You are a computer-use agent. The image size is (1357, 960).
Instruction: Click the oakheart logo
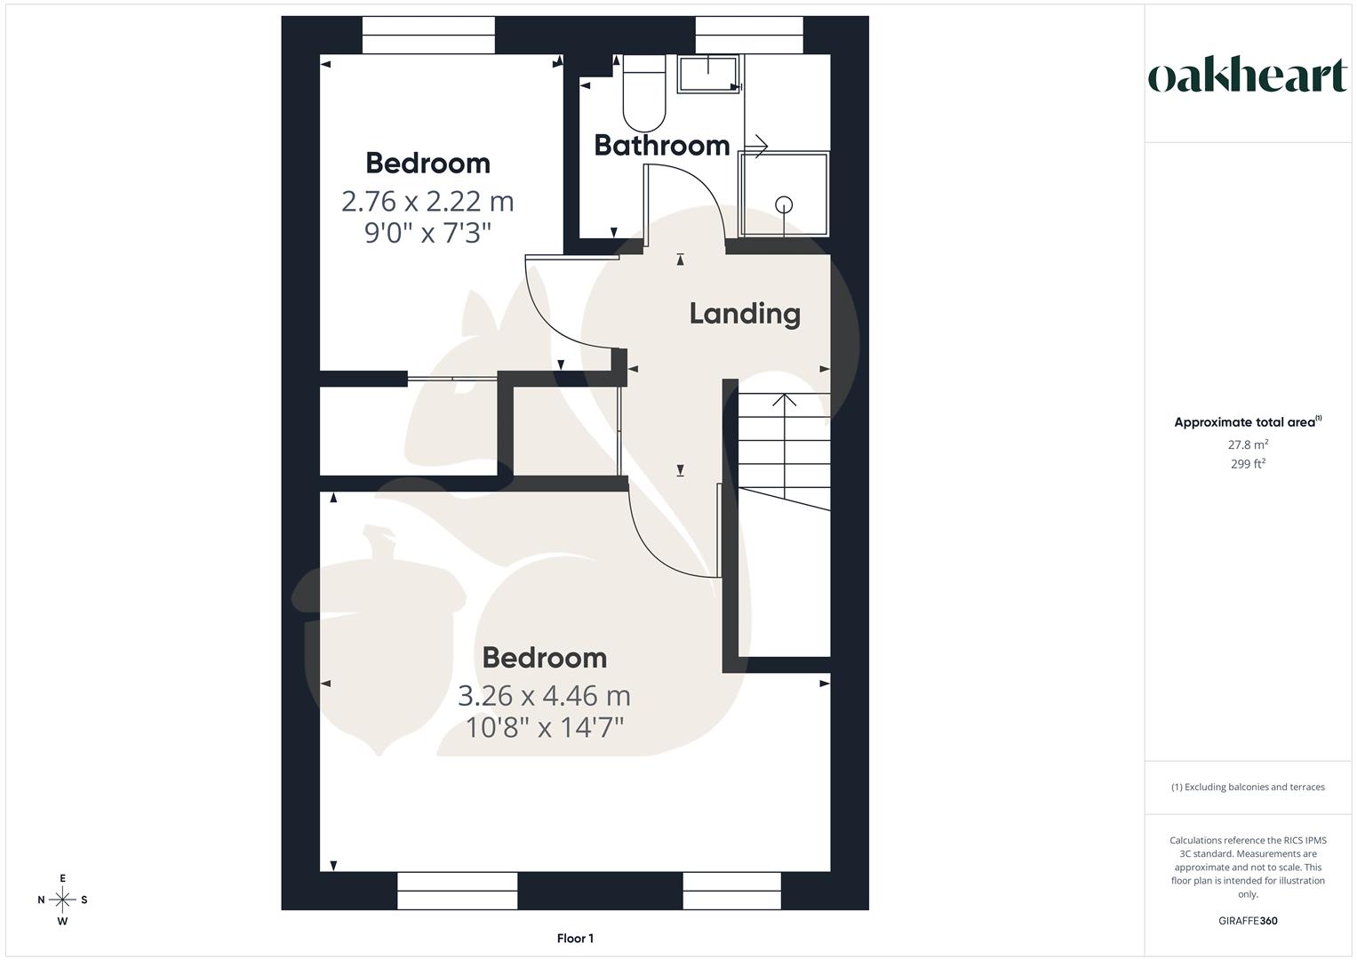pyautogui.click(x=1247, y=76)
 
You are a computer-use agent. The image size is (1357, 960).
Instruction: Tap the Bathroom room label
pyautogui.click(x=661, y=145)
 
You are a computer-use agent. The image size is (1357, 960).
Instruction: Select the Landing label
pyautogui.click(x=745, y=313)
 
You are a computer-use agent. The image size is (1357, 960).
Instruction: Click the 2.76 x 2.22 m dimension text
pyautogui.click(x=427, y=201)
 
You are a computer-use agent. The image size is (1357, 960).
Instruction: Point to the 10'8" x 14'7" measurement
pyautogui.click(x=544, y=728)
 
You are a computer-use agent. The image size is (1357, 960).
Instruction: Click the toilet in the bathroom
pyautogui.click(x=644, y=92)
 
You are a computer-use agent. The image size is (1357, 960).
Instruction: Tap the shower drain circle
pyautogui.click(x=784, y=204)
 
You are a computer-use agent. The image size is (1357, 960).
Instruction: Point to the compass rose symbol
pyautogui.click(x=62, y=900)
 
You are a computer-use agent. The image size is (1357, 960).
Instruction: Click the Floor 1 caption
pyautogui.click(x=575, y=939)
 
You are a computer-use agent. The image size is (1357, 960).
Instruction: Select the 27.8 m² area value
pyautogui.click(x=1248, y=444)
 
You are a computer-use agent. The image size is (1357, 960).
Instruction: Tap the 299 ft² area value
pyautogui.click(x=1248, y=464)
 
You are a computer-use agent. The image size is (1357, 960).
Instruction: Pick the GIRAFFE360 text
pyautogui.click(x=1248, y=921)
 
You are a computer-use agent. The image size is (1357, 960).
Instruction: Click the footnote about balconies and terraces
pyautogui.click(x=1248, y=787)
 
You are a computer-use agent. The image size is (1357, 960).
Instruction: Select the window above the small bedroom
pyautogui.click(x=428, y=36)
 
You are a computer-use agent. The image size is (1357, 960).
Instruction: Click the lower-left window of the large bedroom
pyautogui.click(x=457, y=891)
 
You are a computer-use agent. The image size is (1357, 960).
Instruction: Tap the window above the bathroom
pyautogui.click(x=749, y=36)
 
